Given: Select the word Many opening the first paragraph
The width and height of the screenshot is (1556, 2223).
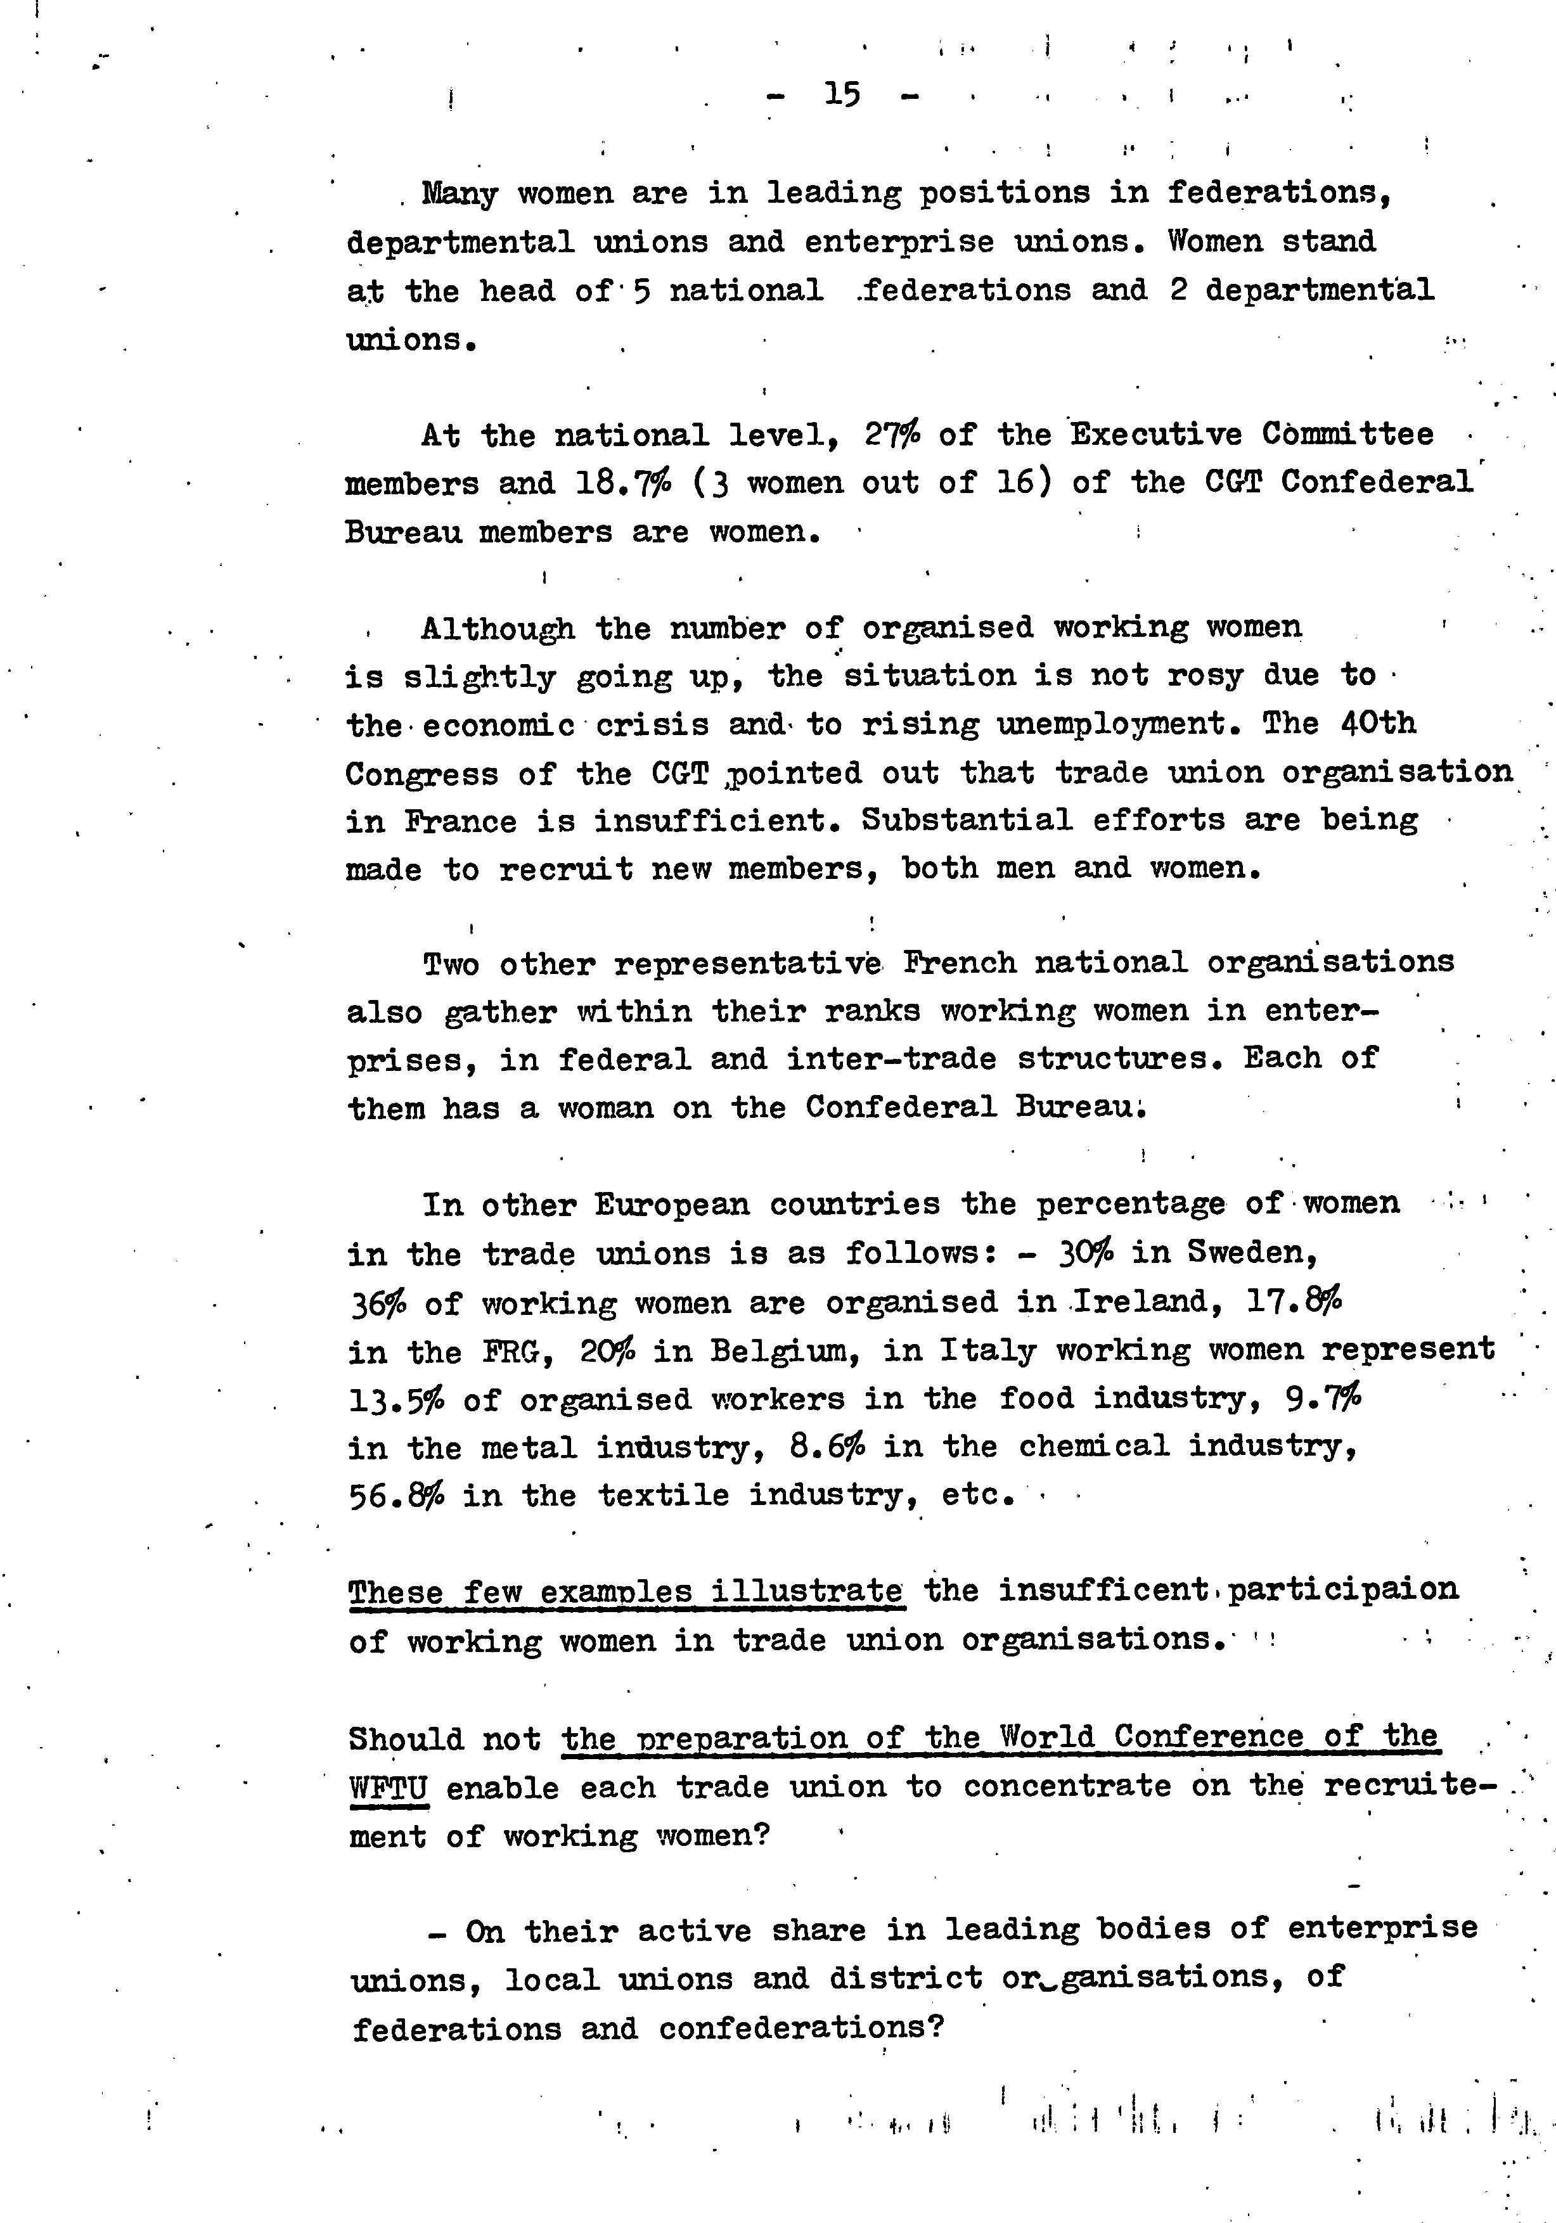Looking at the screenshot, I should [x=460, y=194].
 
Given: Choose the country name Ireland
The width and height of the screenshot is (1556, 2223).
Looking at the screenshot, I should [x=1143, y=1302].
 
